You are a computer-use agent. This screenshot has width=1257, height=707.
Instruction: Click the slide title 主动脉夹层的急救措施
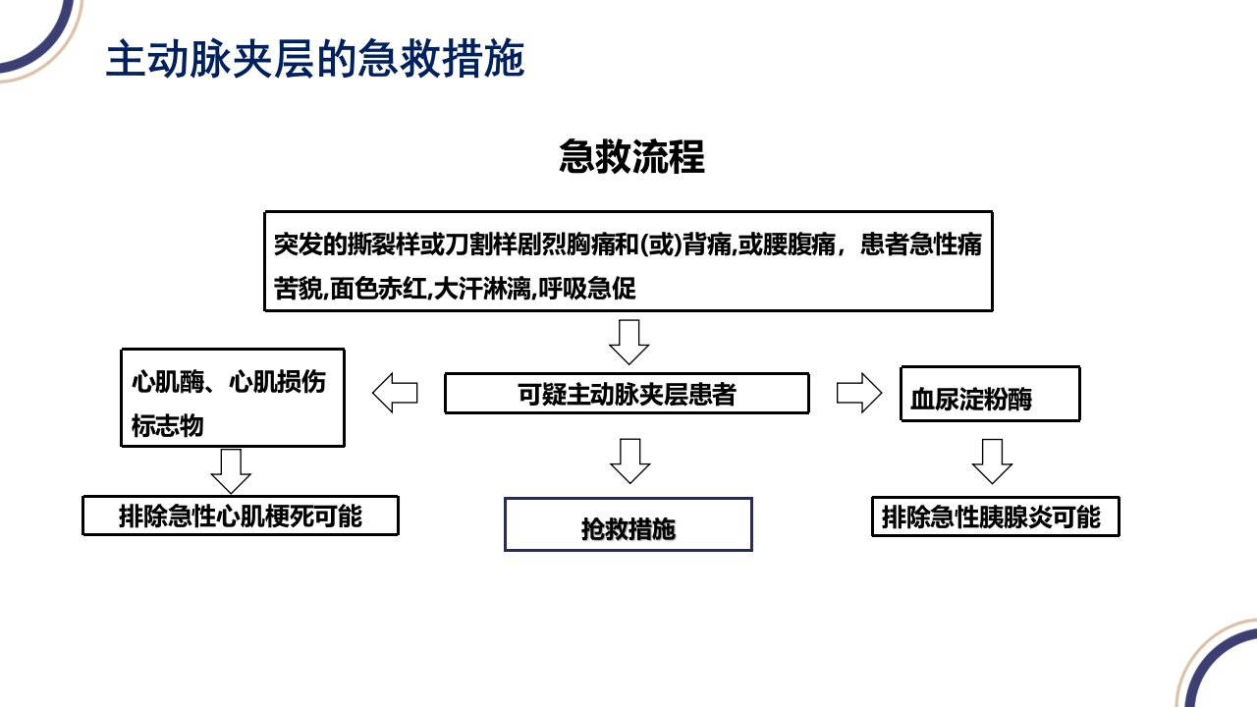click(x=314, y=59)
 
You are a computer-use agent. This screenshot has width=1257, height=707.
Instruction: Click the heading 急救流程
click(x=631, y=157)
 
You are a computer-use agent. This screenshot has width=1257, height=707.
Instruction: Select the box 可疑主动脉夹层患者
click(x=627, y=394)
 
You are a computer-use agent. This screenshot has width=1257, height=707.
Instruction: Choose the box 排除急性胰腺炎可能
click(x=995, y=517)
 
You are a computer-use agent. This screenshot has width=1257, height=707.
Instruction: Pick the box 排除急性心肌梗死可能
click(x=240, y=517)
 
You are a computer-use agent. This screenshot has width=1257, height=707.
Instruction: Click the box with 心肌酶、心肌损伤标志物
click(x=232, y=398)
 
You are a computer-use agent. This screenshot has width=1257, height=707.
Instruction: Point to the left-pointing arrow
click(x=395, y=394)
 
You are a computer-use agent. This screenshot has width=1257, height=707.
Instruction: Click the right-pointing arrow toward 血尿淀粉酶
click(x=859, y=393)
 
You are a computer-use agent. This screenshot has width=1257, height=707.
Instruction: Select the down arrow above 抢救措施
click(x=629, y=461)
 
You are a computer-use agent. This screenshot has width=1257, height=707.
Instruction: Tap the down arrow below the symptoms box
click(x=629, y=341)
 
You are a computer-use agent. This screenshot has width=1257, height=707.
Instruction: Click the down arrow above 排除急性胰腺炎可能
click(x=992, y=461)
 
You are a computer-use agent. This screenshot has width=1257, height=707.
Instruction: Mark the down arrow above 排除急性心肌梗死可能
click(x=231, y=471)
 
